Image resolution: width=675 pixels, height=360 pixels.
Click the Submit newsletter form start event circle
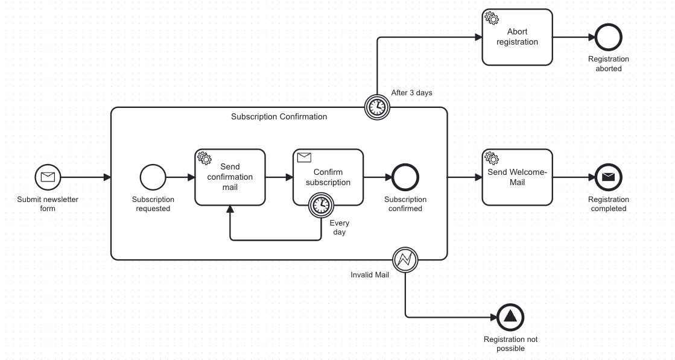pyautogui.click(x=48, y=177)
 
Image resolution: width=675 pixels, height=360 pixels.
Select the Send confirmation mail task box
pyautogui.click(x=230, y=177)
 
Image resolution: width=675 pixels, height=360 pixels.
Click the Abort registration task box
pyautogui.click(x=517, y=37)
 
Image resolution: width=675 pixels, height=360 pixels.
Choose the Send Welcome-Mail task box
pyautogui.click(x=517, y=177)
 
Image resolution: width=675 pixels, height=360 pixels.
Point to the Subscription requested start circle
pyautogui.click(x=153, y=177)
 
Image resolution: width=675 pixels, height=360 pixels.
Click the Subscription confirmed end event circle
pyautogui.click(x=405, y=177)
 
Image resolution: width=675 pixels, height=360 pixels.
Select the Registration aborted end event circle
pyautogui.click(x=608, y=37)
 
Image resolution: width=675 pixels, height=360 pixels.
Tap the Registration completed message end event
pyautogui.click(x=608, y=177)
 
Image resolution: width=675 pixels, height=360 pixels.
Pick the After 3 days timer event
pyautogui.click(x=377, y=107)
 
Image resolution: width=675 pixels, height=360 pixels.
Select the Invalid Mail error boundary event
pyautogui.click(x=405, y=260)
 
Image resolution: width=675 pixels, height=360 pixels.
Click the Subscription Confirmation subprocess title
pyautogui.click(x=279, y=116)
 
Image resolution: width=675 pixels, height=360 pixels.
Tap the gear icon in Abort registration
pyautogui.click(x=492, y=18)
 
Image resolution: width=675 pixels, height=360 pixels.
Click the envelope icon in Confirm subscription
pyautogui.click(x=304, y=158)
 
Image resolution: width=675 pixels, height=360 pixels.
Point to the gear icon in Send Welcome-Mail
pyautogui.click(x=492, y=158)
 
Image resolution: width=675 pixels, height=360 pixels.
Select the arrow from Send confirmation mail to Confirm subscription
pyautogui.click(x=279, y=177)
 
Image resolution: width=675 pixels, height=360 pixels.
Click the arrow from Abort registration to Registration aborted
pyautogui.click(x=573, y=37)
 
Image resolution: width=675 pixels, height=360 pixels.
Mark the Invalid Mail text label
pyautogui.click(x=369, y=274)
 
